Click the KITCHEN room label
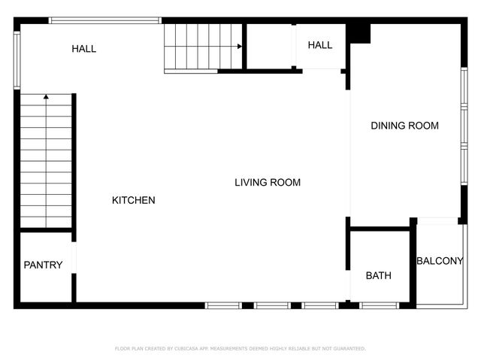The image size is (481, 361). [x=134, y=200]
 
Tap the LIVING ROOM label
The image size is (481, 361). [x=268, y=182]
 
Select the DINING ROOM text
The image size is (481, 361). [x=404, y=126]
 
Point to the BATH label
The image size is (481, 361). [x=379, y=276]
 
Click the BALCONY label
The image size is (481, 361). [x=440, y=261]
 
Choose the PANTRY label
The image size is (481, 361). [x=43, y=265]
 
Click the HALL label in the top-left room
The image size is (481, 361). [x=84, y=49]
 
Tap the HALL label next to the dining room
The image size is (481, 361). [x=320, y=45]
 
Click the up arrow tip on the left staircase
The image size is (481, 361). [x=46, y=96]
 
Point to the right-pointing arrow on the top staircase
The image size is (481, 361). [x=239, y=47]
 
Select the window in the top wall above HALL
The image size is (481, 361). [x=105, y=20]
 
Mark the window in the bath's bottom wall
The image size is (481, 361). [x=379, y=305]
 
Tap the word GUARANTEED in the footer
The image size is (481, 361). [x=349, y=349]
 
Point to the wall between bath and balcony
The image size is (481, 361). [x=413, y=263]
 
